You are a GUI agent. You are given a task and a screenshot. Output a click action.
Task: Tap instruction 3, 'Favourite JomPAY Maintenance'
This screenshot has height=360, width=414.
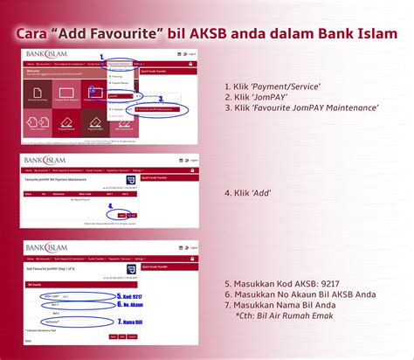(301, 107)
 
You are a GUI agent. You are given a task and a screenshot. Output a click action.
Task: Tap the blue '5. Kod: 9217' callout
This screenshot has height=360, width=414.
(130, 295)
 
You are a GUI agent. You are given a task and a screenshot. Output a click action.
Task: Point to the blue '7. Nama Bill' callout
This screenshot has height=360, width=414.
(132, 322)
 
